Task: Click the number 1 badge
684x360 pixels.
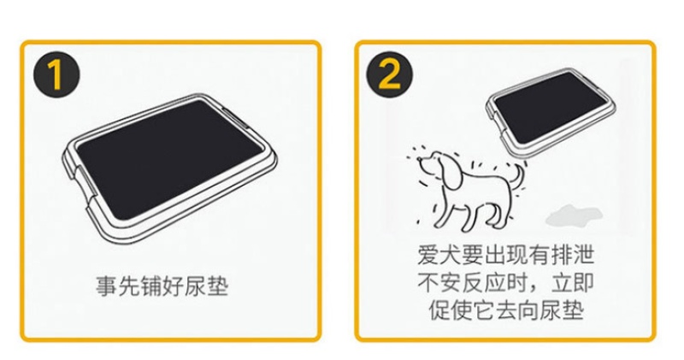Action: coord(56,74)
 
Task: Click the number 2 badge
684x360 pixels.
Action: coord(389,74)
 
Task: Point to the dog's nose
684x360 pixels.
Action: coord(420,161)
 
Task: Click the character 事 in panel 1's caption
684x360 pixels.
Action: coord(106,286)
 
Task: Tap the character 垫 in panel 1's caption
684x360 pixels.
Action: coord(217,286)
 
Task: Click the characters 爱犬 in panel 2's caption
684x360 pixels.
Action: coord(439,255)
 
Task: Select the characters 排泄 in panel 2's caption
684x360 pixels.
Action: coord(572,255)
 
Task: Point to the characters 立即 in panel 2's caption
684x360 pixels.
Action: coord(572,283)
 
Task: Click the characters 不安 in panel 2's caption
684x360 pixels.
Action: coord(439,283)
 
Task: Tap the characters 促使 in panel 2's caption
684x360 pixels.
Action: coord(451,310)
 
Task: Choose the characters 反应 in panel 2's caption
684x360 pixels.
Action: coord(483,283)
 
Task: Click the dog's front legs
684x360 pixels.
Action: coord(443,210)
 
